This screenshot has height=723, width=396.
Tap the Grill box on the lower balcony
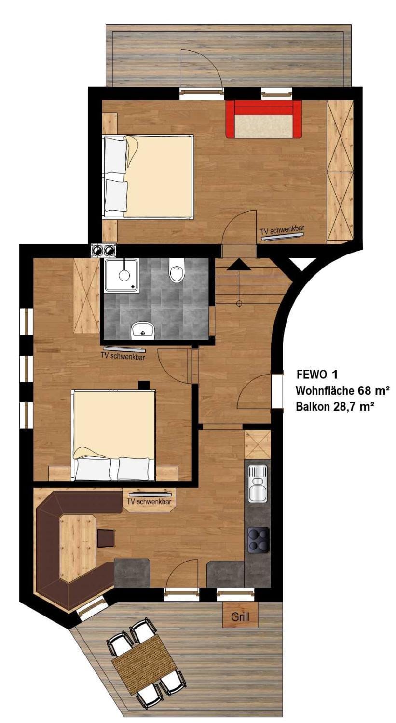coord(240,616)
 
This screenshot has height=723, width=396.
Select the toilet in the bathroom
coord(177,272)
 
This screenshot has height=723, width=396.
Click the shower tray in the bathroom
coord(122,276)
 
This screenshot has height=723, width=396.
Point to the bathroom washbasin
coord(143,331)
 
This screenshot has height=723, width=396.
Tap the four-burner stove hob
coord(258,540)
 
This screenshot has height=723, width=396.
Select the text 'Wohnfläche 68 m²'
coord(336,390)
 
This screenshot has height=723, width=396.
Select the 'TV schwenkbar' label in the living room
coord(149,502)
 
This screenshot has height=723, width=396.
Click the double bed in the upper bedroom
coord(149,176)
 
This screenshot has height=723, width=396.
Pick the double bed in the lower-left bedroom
coord(114,435)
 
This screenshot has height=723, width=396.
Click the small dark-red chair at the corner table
coord(106,537)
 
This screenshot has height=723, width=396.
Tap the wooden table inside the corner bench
coord(77,547)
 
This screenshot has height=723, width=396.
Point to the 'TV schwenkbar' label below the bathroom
coord(122,357)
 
